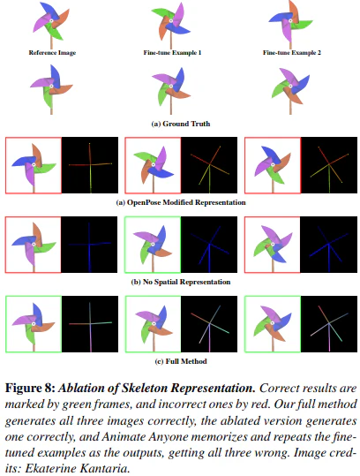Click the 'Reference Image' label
[x=52, y=53]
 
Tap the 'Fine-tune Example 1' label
[x=172, y=53]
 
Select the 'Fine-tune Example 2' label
[x=292, y=53]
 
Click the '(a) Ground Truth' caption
[x=181, y=124]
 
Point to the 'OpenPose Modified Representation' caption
[x=186, y=202]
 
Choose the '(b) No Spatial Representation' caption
[x=181, y=282]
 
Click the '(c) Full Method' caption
[x=181, y=361]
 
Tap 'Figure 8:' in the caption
[x=30, y=389]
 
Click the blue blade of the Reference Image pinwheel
[x=48, y=10]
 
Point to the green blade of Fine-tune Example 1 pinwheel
[x=161, y=12]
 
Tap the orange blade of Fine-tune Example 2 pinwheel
[x=294, y=9]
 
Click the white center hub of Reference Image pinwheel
[x=51, y=20]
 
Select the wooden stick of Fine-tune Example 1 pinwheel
[x=171, y=41]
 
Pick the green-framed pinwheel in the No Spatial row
[x=153, y=245]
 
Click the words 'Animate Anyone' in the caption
[x=144, y=436]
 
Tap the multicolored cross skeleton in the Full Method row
[x=90, y=325]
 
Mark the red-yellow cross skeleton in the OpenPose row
[x=90, y=166]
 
